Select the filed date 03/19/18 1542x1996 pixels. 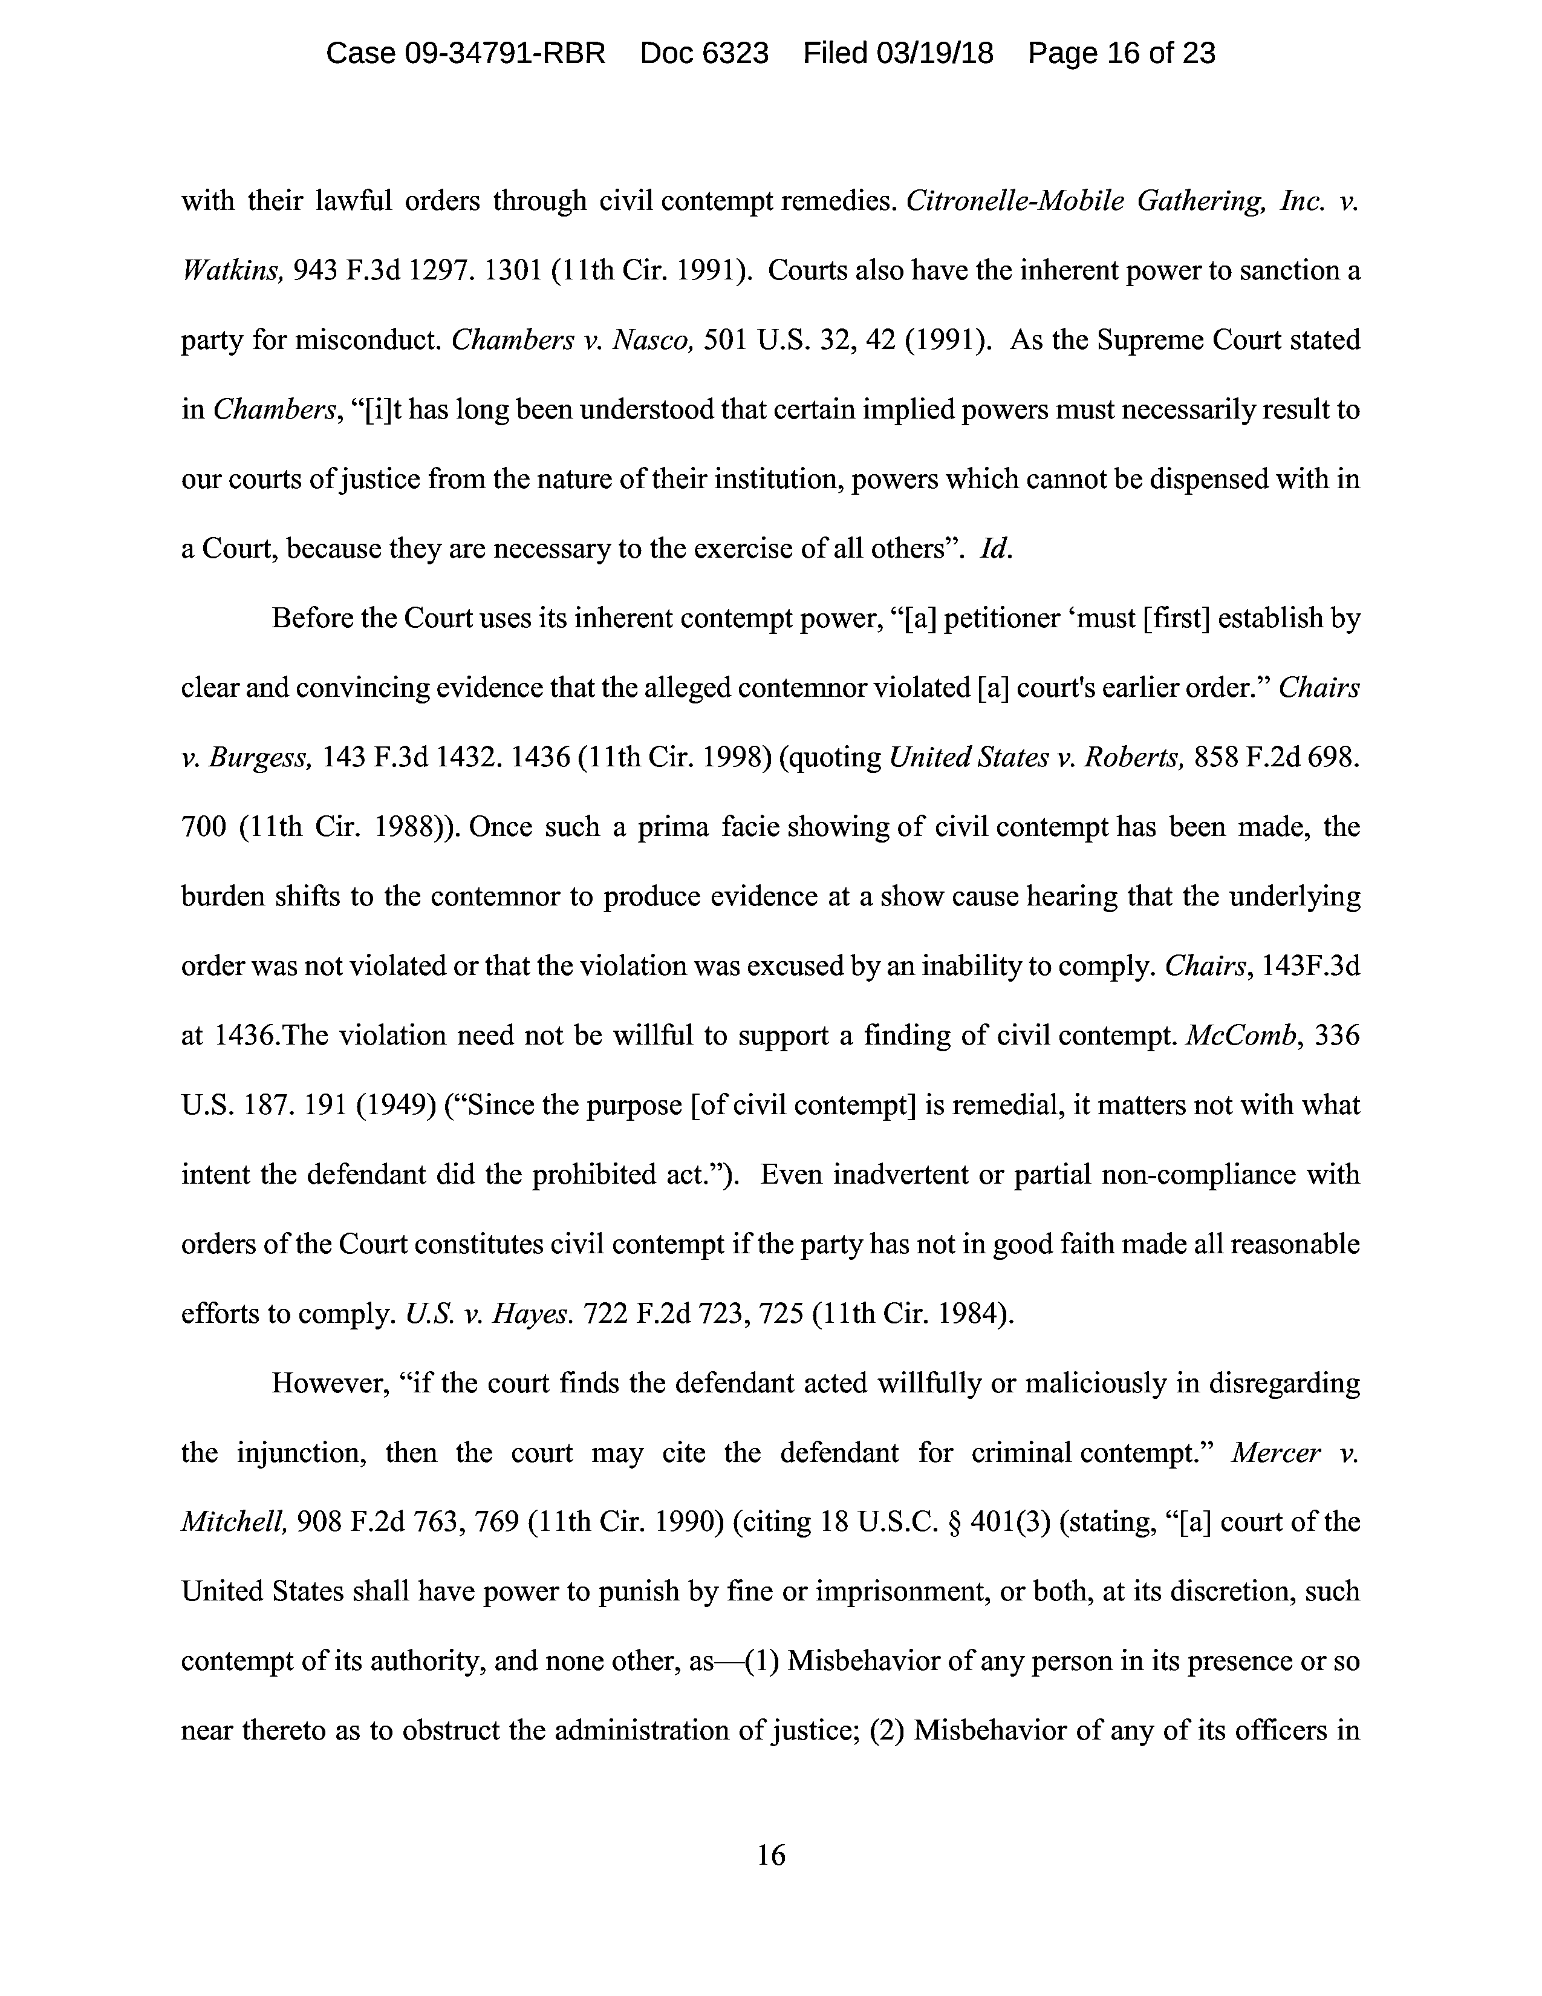point(934,54)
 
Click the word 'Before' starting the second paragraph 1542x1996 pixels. point(313,619)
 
